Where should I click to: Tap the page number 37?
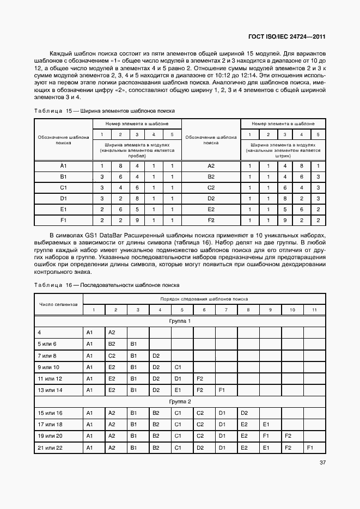tap(321, 463)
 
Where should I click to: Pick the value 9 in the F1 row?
tap(137, 220)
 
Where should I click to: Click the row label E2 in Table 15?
tap(211, 209)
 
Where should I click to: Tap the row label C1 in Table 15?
tap(63, 187)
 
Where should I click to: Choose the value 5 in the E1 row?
tap(137, 209)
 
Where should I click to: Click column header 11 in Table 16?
tap(313, 310)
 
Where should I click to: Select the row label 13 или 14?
tap(50, 390)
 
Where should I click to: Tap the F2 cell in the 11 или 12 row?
tap(199, 378)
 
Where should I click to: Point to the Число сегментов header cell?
tap(58, 304)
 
